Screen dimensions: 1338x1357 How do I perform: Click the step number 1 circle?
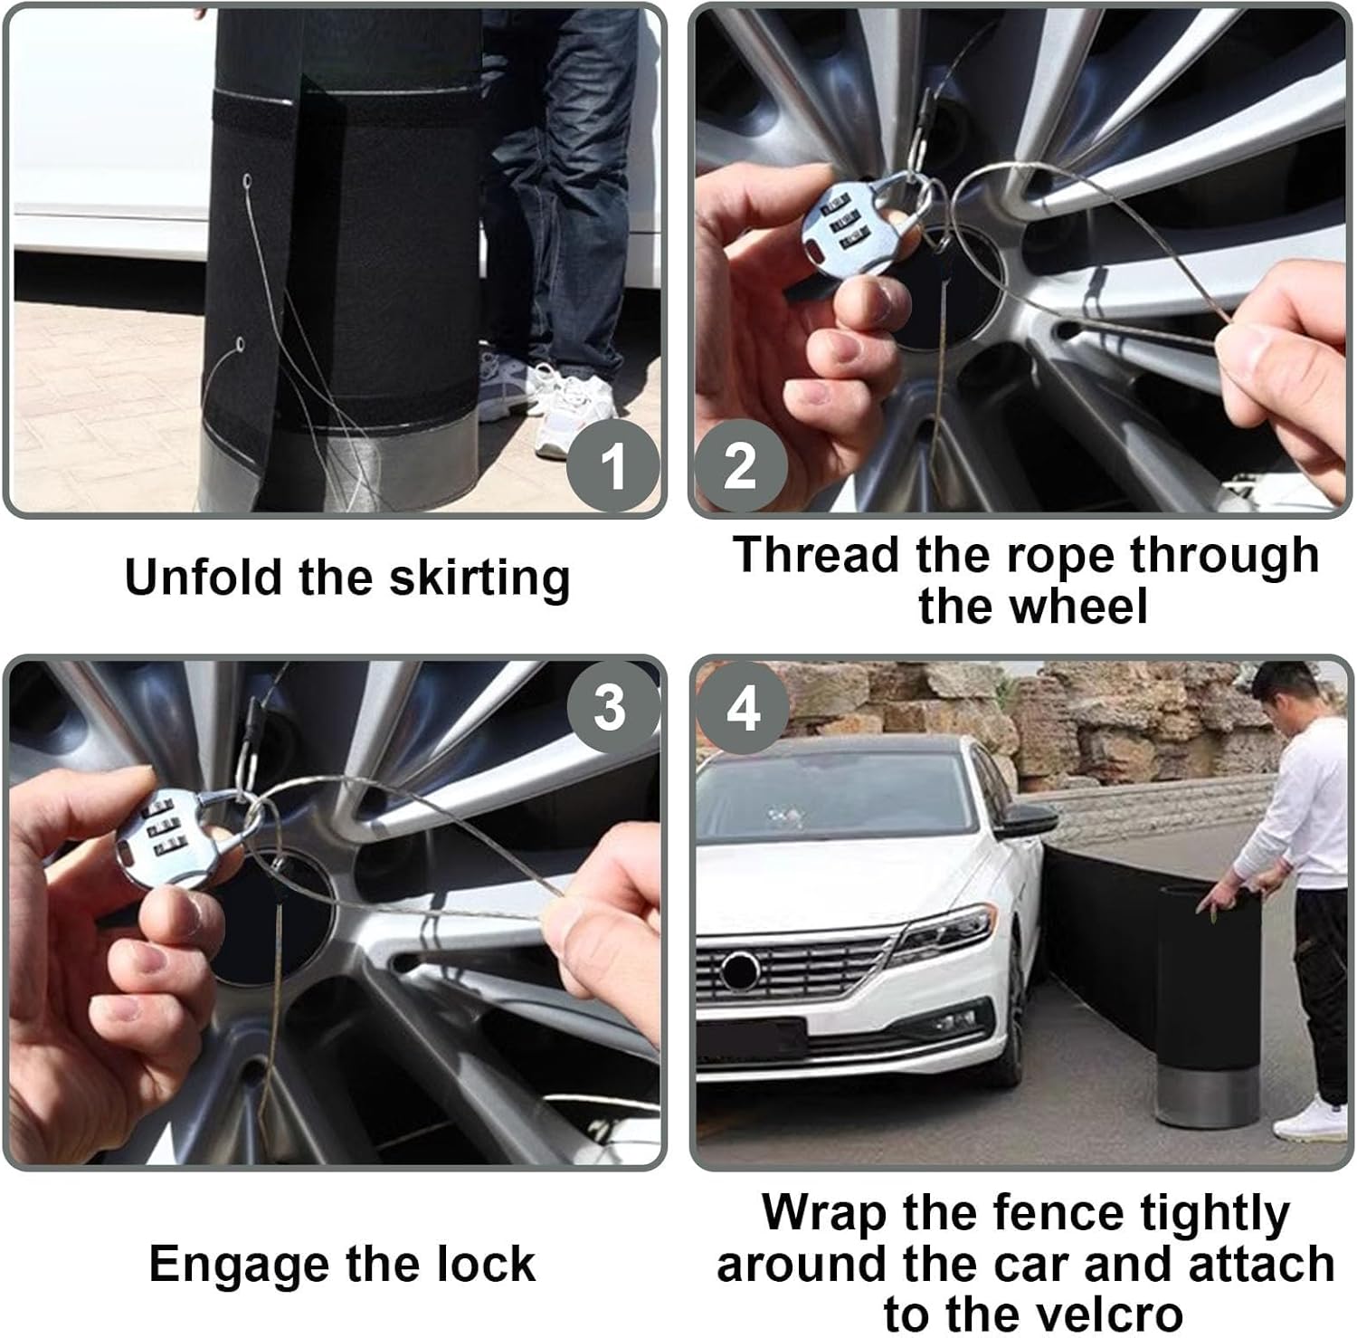612,466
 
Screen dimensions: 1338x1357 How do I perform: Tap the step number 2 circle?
740,466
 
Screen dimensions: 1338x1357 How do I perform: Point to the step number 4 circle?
742,707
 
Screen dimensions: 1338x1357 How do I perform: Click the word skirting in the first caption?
479,578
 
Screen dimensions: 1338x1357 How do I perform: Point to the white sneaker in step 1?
565,407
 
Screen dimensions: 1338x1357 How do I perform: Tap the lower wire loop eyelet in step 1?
241,343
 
